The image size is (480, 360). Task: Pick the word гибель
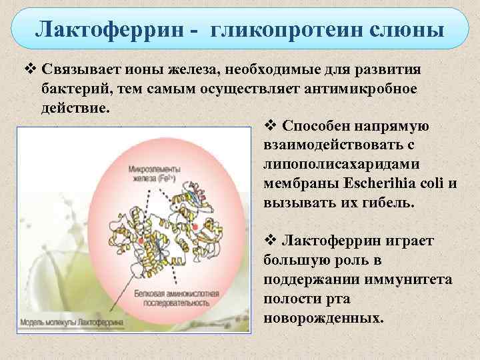coord(388,201)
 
